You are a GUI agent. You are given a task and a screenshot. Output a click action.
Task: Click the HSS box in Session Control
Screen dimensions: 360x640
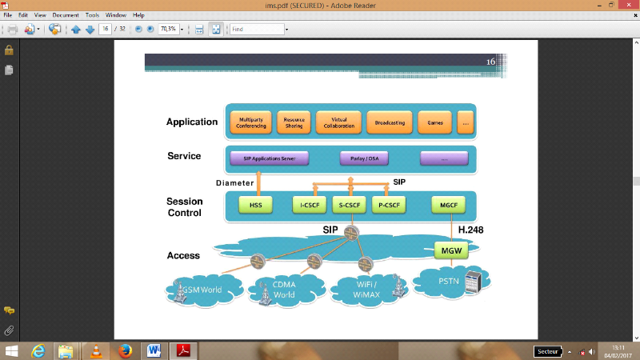click(x=255, y=206)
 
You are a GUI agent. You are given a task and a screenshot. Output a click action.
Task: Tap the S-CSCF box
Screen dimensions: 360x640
click(x=349, y=206)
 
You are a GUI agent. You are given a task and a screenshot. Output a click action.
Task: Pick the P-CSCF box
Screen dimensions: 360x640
click(x=389, y=206)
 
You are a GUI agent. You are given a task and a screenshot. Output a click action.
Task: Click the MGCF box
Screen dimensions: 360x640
click(x=447, y=206)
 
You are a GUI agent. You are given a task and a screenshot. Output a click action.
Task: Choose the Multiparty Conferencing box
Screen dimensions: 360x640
click(x=251, y=123)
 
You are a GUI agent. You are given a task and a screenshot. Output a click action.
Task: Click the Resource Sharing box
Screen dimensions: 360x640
click(x=294, y=123)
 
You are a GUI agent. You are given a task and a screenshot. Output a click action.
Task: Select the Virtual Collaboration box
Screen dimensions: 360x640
click(x=339, y=123)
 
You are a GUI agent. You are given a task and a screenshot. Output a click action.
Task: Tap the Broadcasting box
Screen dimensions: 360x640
click(x=390, y=123)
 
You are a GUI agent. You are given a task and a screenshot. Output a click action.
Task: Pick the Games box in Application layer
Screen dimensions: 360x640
click(x=435, y=123)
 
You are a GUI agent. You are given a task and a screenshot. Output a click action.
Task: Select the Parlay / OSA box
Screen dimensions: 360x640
click(x=364, y=158)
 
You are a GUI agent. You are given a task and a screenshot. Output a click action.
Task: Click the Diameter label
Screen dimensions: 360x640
click(x=234, y=182)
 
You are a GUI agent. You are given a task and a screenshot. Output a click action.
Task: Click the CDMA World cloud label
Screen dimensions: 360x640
click(x=285, y=290)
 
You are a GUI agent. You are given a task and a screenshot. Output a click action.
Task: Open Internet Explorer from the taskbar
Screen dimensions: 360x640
click(x=37, y=350)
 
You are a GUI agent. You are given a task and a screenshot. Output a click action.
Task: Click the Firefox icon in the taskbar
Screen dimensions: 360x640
click(x=123, y=350)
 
